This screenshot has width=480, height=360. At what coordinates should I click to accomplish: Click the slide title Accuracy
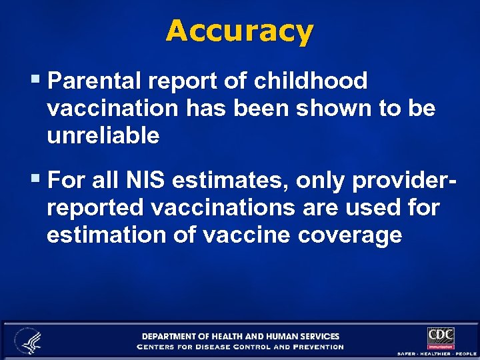click(x=239, y=31)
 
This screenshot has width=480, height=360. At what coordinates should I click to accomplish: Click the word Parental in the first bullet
click(x=97, y=81)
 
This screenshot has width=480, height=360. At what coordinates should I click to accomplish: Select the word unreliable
click(x=103, y=136)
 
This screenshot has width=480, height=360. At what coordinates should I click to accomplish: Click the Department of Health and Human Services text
click(x=240, y=336)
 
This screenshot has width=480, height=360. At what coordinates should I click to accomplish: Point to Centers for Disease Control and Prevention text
click(x=240, y=347)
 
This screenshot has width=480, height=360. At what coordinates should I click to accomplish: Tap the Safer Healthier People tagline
click(x=437, y=353)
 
